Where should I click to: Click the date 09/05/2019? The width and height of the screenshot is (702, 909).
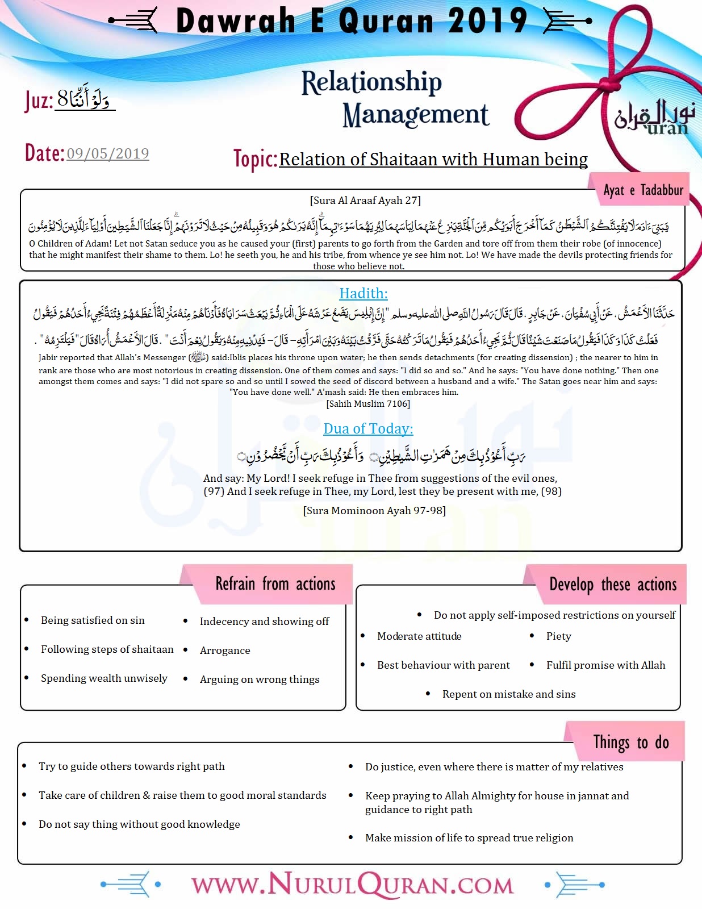coord(108,153)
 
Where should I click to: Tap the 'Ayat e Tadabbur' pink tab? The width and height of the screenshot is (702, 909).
coord(643,190)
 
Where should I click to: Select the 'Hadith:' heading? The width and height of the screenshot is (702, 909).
coord(363,294)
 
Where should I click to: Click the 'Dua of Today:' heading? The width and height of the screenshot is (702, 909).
coord(368,429)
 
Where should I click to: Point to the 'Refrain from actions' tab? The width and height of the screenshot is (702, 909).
coord(275,584)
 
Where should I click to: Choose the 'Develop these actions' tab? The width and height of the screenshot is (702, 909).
coord(613,585)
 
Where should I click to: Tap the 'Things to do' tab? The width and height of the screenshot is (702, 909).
coord(631,742)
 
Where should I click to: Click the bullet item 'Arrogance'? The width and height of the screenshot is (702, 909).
coord(225,651)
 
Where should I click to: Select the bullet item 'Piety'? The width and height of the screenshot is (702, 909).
coord(559,636)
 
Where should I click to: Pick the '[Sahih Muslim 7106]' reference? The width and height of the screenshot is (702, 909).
coord(368,404)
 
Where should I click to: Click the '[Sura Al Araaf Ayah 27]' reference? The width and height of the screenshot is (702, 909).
coord(365,201)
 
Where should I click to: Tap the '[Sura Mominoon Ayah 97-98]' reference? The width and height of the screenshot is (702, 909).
coord(374,511)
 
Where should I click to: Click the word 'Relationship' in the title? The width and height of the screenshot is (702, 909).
coord(371,82)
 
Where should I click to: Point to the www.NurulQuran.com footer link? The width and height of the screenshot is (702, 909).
coord(352,885)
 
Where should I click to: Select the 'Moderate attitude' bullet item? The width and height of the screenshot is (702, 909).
coord(419,636)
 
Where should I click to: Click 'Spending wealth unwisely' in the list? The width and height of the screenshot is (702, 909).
coord(104,678)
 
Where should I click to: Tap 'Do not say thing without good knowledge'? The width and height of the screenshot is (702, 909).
coord(139,824)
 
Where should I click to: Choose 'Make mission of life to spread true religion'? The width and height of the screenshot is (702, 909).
coord(469,838)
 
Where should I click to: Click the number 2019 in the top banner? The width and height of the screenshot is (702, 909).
coord(488,22)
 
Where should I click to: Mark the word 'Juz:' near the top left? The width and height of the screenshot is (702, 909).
coord(39,101)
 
